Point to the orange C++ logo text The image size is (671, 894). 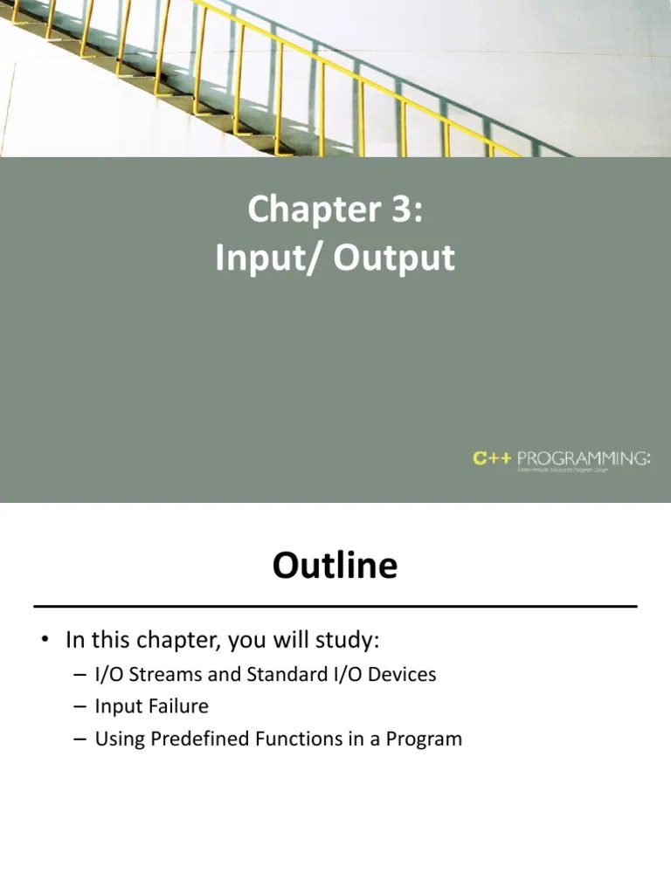click(492, 457)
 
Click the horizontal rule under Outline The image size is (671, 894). click(335, 605)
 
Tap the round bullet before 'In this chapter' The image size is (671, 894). click(43, 642)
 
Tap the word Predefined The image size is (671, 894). click(200, 739)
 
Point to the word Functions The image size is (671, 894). click(294, 739)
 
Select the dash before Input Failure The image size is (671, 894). click(80, 706)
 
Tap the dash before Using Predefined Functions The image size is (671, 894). click(80, 739)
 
